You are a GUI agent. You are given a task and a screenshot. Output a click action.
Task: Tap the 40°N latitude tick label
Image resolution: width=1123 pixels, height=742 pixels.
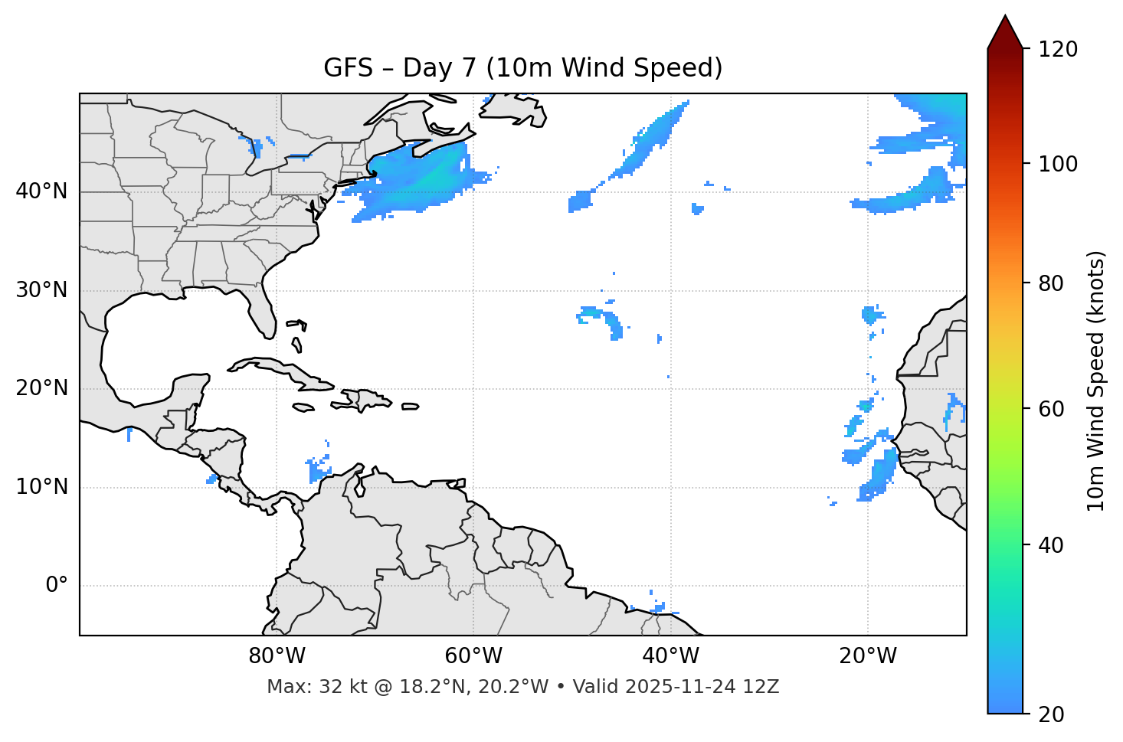[x=41, y=191]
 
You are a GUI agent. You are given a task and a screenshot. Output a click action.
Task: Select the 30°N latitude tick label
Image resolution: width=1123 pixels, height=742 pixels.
[x=41, y=290]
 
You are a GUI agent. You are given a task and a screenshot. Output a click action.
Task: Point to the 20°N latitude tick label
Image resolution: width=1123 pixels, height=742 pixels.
[x=41, y=388]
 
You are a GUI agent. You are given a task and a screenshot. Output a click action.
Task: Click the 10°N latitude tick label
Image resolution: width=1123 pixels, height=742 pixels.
[x=41, y=487]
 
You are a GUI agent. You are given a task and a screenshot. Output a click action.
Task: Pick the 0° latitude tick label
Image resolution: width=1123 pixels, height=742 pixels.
[x=56, y=586]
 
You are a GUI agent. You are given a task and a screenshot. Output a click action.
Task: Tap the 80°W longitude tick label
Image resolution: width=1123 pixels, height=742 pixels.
[x=277, y=656]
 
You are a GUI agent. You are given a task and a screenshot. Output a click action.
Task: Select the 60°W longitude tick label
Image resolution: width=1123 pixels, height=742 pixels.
[x=473, y=656]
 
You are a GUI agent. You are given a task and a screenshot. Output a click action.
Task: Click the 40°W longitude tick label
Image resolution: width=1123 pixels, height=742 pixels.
[x=670, y=656]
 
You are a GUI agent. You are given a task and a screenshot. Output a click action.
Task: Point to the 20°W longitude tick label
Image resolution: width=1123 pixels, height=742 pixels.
[x=867, y=656]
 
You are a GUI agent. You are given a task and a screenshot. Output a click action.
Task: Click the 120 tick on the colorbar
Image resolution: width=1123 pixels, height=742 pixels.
[x=1058, y=50]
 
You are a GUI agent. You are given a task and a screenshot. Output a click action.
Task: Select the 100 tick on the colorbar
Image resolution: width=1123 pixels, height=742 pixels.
[x=1058, y=164]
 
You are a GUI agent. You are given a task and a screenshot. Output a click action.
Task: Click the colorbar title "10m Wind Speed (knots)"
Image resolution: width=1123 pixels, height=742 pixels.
[x=1096, y=381]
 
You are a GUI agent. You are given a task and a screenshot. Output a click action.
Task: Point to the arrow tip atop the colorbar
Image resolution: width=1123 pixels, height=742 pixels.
[x=1005, y=17]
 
